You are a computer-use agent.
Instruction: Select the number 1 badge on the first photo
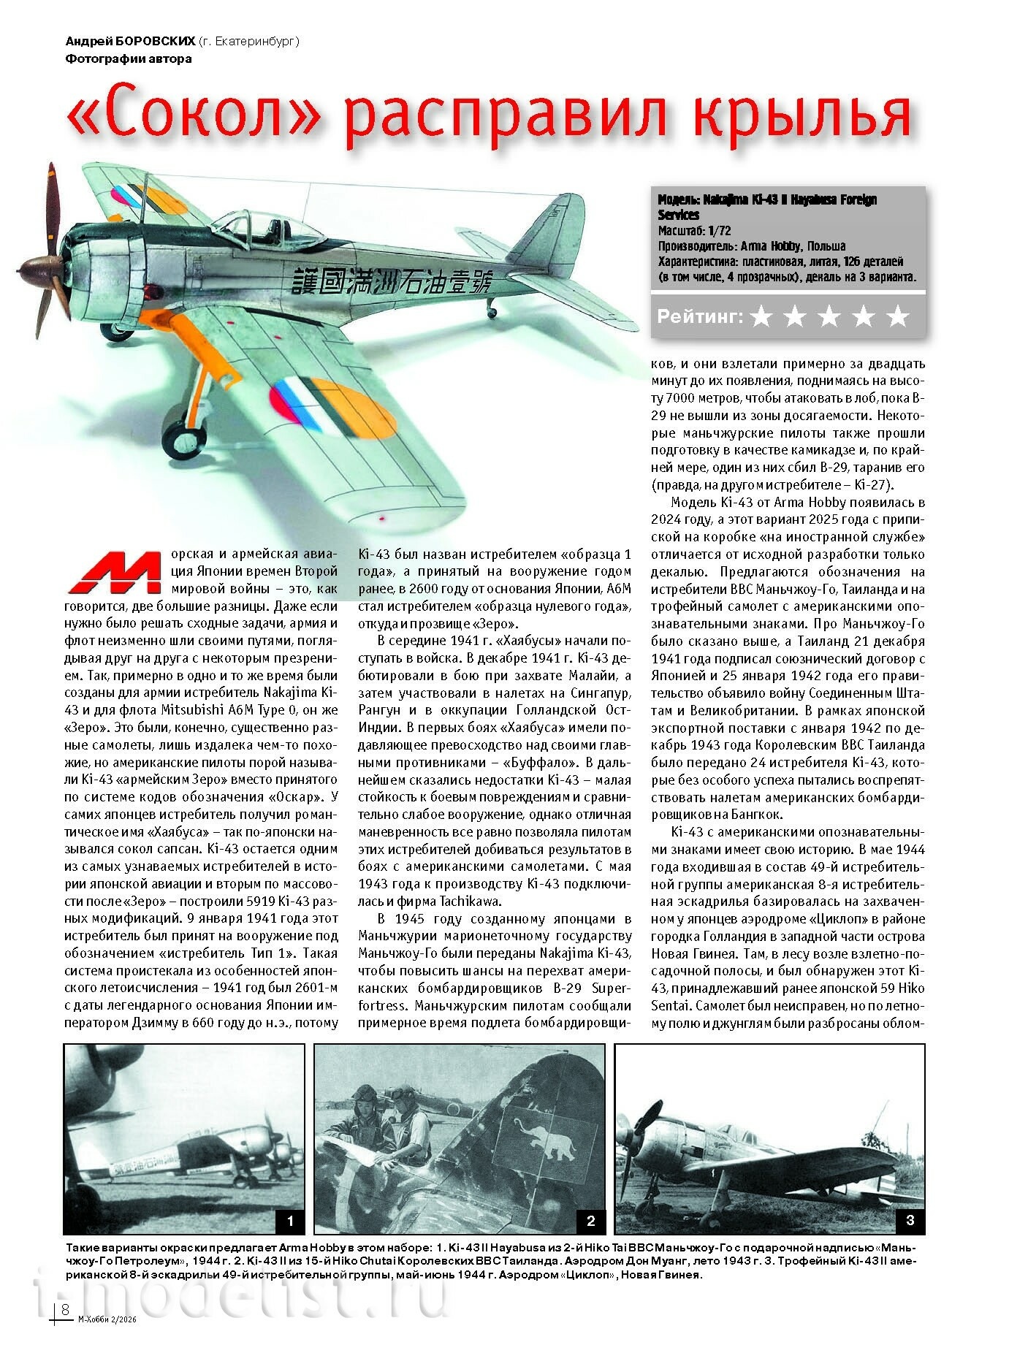pyautogui.click(x=290, y=1221)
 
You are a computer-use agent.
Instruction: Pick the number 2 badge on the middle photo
pyautogui.click(x=590, y=1221)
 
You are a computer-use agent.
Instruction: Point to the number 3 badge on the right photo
pyautogui.click(x=910, y=1220)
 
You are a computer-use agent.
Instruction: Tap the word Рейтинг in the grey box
pyautogui.click(x=699, y=316)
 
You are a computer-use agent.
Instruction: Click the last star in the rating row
pyautogui.click(x=898, y=316)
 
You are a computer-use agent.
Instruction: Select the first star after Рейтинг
pyautogui.click(x=761, y=316)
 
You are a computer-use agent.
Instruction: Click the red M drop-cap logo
pyautogui.click(x=115, y=572)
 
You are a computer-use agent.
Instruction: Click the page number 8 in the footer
pyautogui.click(x=65, y=1308)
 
